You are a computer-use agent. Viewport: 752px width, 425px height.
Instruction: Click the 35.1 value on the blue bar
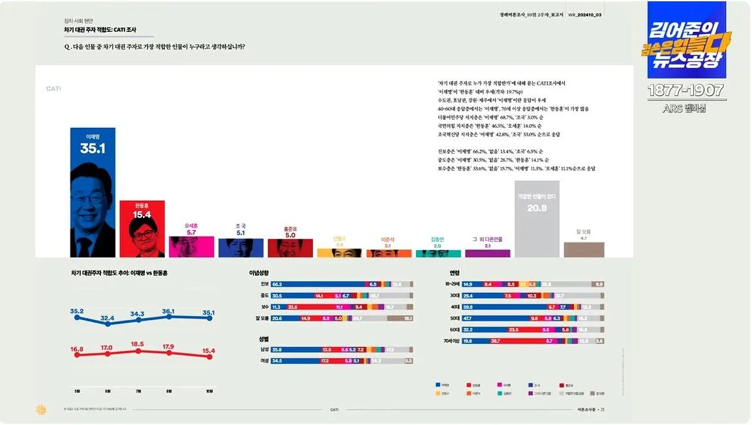93,149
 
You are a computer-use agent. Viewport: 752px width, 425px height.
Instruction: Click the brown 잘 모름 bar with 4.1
584,250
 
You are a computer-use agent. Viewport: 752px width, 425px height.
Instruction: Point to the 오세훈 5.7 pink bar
191,246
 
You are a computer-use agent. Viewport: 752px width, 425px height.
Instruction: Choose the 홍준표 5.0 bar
290,248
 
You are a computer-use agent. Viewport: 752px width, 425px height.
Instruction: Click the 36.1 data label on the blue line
169,312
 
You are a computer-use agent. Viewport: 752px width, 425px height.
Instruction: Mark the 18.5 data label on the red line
138,344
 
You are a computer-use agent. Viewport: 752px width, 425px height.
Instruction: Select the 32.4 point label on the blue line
108,318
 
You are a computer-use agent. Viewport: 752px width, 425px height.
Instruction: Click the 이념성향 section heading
259,272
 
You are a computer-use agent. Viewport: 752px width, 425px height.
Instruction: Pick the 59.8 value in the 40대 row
468,306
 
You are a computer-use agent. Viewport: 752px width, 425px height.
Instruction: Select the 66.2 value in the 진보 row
277,284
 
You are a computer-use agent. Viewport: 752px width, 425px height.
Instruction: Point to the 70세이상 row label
451,340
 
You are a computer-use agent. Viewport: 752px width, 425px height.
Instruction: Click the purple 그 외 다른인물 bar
488,254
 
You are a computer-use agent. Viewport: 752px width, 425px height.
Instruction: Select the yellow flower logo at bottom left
40,409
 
